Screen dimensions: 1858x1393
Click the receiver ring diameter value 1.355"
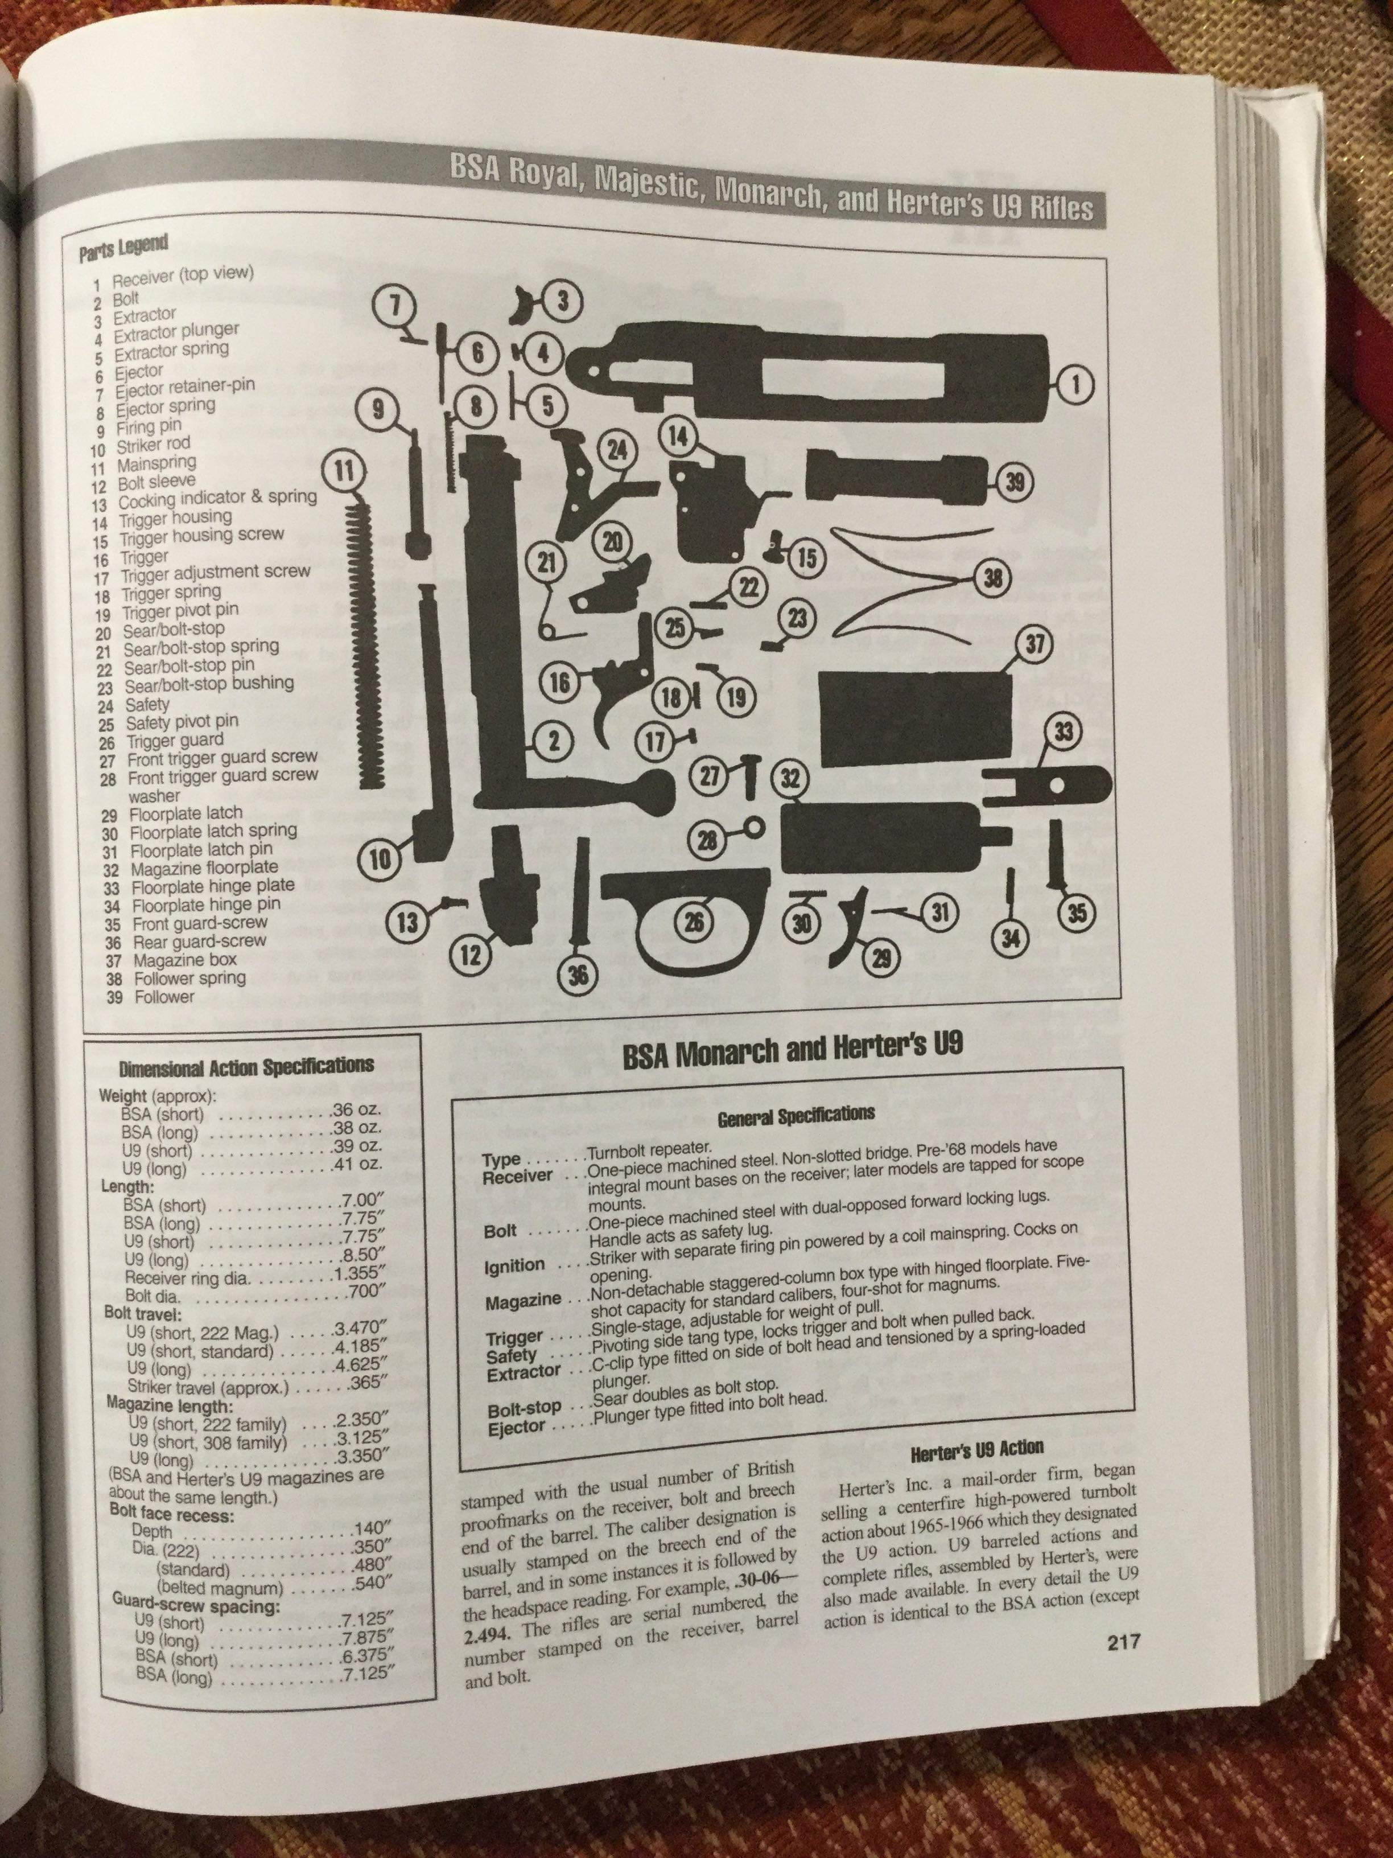[x=357, y=1273]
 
